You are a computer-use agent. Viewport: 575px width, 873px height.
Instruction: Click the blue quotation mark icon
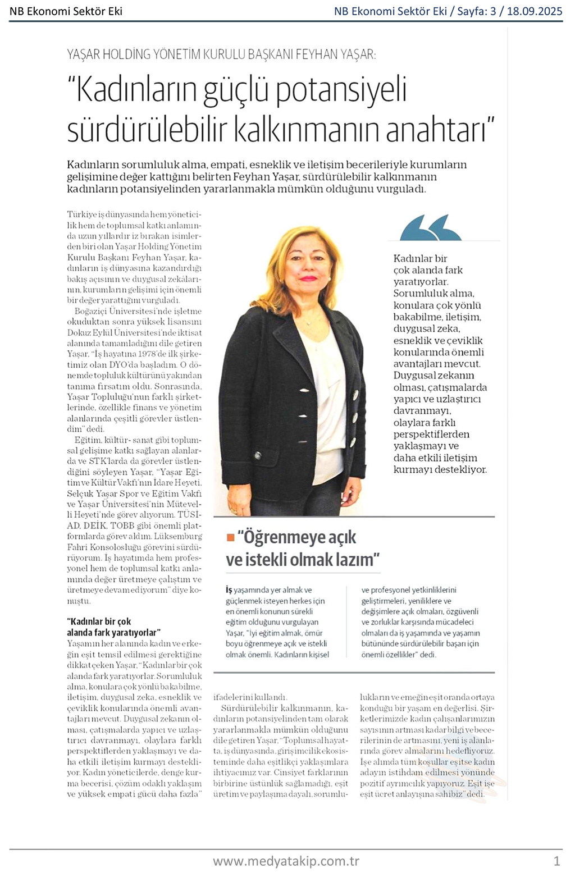pyautogui.click(x=431, y=227)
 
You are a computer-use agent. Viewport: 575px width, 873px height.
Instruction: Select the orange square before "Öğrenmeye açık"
pyautogui.click(x=230, y=537)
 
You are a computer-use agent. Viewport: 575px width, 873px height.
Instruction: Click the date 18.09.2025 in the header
pyautogui.click(x=534, y=11)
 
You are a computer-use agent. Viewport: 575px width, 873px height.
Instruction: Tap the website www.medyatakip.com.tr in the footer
pyautogui.click(x=286, y=861)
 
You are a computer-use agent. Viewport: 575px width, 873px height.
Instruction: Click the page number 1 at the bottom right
pyautogui.click(x=556, y=861)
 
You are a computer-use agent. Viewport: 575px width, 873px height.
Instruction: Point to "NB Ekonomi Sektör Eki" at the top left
pyautogui.click(x=66, y=11)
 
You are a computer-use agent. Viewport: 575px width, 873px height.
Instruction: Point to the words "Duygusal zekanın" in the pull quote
pyautogui.click(x=433, y=375)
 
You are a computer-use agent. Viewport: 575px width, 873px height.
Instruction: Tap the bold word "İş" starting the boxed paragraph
pyautogui.click(x=229, y=590)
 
